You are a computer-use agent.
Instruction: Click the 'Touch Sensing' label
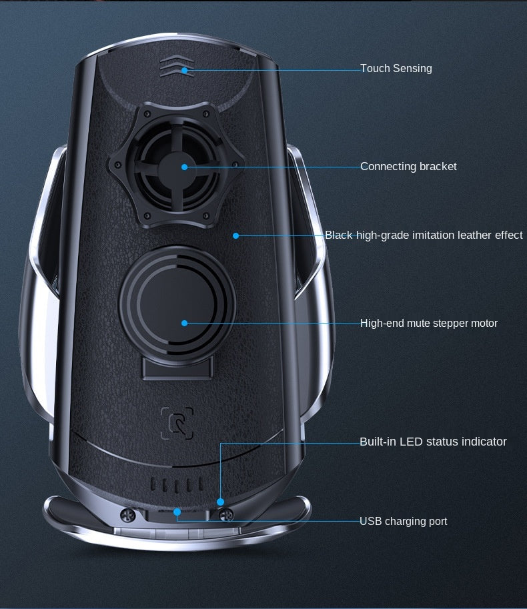[x=396, y=68]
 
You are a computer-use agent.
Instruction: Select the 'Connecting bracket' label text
[x=408, y=166]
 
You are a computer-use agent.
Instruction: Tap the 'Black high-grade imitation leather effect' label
[x=424, y=235]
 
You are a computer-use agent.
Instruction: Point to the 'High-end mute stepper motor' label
[x=429, y=323]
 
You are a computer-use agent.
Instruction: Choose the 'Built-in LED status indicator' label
[x=433, y=442]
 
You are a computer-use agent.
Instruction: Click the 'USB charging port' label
[x=403, y=521]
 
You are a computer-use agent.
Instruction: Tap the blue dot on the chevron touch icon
[x=185, y=70]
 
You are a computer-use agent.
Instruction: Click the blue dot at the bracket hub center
[x=185, y=167]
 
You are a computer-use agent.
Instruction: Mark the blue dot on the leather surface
[x=235, y=235]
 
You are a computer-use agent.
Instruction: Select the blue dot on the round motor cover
[x=185, y=323]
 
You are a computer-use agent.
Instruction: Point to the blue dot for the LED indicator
[x=220, y=502]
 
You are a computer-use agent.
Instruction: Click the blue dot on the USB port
[x=177, y=512]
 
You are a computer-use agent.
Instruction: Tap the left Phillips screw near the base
[x=128, y=516]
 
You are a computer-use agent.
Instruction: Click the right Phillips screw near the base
[x=226, y=516]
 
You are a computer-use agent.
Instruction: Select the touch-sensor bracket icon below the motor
[x=177, y=423]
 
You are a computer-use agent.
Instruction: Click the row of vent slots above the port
[x=177, y=484]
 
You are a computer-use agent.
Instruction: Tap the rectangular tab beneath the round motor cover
[x=177, y=368]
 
